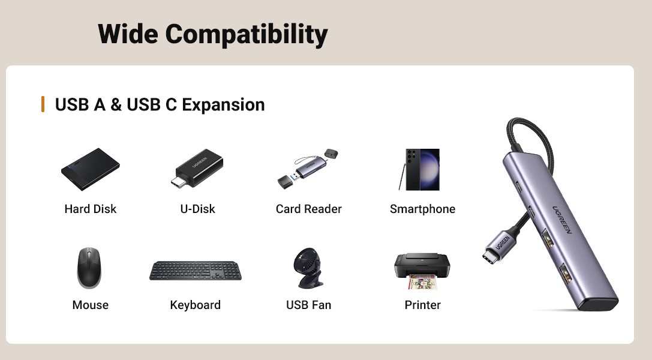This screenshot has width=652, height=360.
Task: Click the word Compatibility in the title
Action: click(247, 34)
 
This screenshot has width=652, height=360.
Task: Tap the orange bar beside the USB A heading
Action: click(43, 104)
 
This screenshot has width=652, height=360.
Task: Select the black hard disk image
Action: click(90, 169)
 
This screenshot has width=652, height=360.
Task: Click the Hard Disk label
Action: click(90, 209)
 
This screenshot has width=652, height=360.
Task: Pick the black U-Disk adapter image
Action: click(197, 168)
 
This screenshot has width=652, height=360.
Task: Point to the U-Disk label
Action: click(197, 209)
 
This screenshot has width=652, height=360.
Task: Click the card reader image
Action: click(308, 169)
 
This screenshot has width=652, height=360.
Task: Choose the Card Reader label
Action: click(308, 209)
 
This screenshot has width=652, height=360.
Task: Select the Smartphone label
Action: click(422, 209)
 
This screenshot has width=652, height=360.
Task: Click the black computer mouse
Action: click(89, 268)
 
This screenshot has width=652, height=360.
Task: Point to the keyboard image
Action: click(196, 271)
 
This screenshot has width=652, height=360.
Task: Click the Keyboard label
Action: click(196, 305)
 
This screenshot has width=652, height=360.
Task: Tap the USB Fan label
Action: click(308, 305)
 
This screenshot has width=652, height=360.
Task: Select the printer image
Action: click(422, 271)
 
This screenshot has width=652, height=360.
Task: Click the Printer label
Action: click(422, 305)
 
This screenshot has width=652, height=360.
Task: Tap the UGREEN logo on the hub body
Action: click(562, 220)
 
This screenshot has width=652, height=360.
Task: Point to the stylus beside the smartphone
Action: click(402, 177)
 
